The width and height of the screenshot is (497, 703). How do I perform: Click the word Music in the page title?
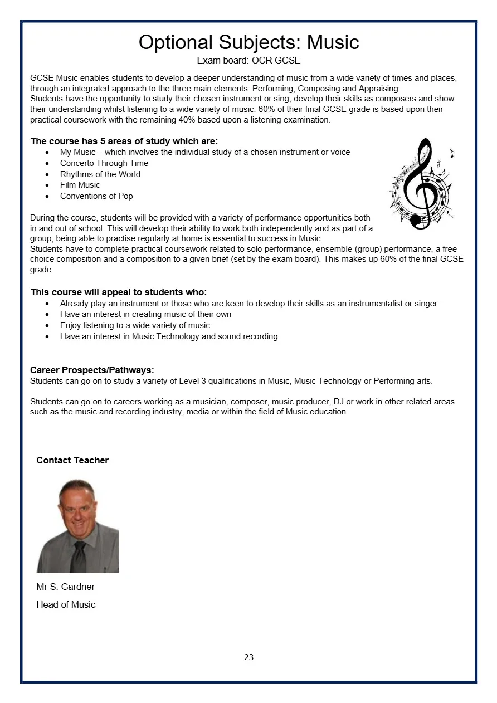pos(333,42)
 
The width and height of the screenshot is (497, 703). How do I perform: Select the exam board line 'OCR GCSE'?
pos(248,60)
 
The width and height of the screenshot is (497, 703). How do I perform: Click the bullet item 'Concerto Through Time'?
pos(104,163)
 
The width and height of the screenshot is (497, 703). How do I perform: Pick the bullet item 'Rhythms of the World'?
pos(100,174)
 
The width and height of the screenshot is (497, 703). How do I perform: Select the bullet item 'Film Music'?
pos(80,185)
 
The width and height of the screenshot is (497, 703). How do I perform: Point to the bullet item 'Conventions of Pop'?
pos(96,196)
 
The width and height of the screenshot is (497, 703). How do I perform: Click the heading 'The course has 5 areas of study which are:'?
pos(124,141)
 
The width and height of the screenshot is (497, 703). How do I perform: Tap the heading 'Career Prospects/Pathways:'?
pos(92,370)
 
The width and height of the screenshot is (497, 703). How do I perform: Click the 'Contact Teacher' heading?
pos(72,460)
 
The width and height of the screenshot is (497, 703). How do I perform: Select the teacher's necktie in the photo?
pos(79,557)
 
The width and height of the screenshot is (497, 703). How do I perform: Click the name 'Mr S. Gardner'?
pos(66,587)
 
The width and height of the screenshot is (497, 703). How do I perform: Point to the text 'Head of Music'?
pos(66,604)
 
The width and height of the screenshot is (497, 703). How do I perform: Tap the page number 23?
pos(248,657)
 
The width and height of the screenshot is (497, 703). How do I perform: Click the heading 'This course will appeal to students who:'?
pos(119,292)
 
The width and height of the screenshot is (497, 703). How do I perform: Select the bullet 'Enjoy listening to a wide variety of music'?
pos(135,325)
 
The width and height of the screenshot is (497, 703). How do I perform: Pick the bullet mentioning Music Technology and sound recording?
pos(169,336)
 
